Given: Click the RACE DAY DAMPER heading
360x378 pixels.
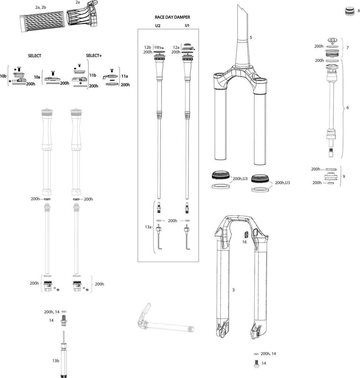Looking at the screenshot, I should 172,17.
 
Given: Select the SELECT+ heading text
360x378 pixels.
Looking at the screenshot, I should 94,55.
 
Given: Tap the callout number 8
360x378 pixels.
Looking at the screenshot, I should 358,11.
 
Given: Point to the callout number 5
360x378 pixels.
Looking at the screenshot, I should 251,38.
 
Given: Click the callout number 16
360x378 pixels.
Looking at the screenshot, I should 244,242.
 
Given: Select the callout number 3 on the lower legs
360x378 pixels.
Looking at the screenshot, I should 233,290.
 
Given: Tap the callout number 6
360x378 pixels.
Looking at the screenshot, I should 347,108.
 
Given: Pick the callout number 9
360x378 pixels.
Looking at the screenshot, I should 344,176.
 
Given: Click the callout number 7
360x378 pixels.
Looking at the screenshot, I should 347,48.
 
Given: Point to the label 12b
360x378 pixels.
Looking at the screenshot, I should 147,48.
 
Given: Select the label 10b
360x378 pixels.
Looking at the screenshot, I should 3,76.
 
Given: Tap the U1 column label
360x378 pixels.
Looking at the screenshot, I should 187,26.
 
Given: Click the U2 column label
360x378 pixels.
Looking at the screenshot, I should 158,26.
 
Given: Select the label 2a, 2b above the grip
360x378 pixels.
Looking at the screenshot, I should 41,7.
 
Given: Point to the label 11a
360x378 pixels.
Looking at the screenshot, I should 125,76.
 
